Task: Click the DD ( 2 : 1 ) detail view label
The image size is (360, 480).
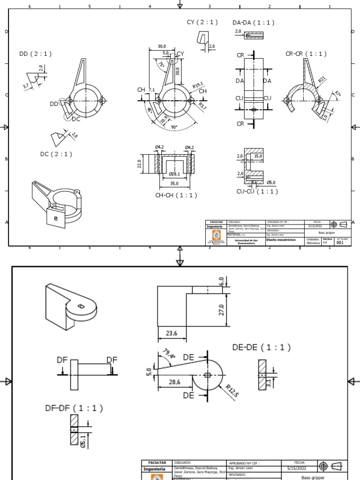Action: [35, 54]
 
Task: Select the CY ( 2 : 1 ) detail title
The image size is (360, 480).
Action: [202, 22]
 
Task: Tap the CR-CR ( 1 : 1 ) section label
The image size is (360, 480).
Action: [306, 54]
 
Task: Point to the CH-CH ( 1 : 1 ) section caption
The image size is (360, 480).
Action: [176, 195]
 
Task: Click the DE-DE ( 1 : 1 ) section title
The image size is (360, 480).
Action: [261, 348]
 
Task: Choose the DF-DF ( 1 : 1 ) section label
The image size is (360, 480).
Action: [74, 408]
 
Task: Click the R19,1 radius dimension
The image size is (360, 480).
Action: [199, 85]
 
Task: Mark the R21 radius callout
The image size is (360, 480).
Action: [322, 80]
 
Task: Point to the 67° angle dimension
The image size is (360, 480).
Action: [337, 94]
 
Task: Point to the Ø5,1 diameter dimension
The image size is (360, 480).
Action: [83, 441]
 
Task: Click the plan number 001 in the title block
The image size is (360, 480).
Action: [341, 242]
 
